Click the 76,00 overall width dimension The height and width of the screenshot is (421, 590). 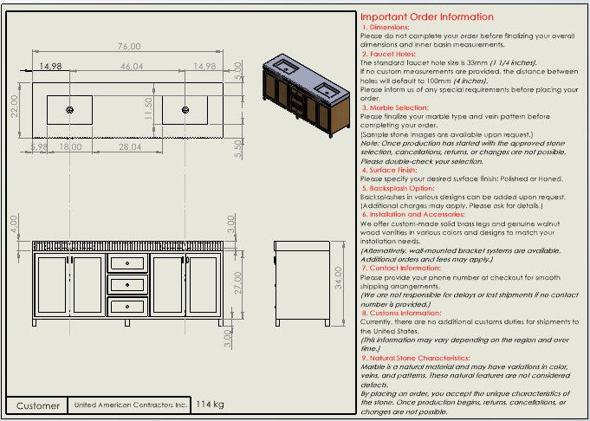(x=130, y=46)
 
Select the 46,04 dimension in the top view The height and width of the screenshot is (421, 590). (x=132, y=66)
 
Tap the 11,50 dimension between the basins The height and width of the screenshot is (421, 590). (x=148, y=109)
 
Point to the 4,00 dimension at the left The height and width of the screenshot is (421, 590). (x=14, y=223)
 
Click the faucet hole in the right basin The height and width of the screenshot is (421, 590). (x=186, y=109)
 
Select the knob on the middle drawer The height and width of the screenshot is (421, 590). (x=127, y=283)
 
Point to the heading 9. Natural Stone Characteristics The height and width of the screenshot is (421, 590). (x=415, y=357)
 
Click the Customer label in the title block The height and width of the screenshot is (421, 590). (x=38, y=405)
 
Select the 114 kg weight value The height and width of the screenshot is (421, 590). (x=210, y=405)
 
